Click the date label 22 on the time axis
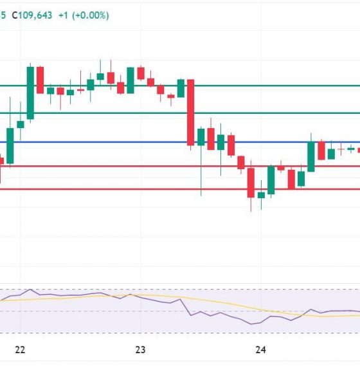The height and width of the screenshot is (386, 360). coord(20,349)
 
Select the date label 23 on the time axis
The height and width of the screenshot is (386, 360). coord(141,349)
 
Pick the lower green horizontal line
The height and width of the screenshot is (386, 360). coord(96,113)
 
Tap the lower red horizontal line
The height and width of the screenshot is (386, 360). coord(96,189)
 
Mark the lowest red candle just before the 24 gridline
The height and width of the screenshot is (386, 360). coord(251,183)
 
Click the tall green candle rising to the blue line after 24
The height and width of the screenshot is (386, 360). coord(311,156)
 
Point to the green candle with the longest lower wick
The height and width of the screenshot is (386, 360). coord(201,138)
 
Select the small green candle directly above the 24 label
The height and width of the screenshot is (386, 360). coord(261,194)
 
